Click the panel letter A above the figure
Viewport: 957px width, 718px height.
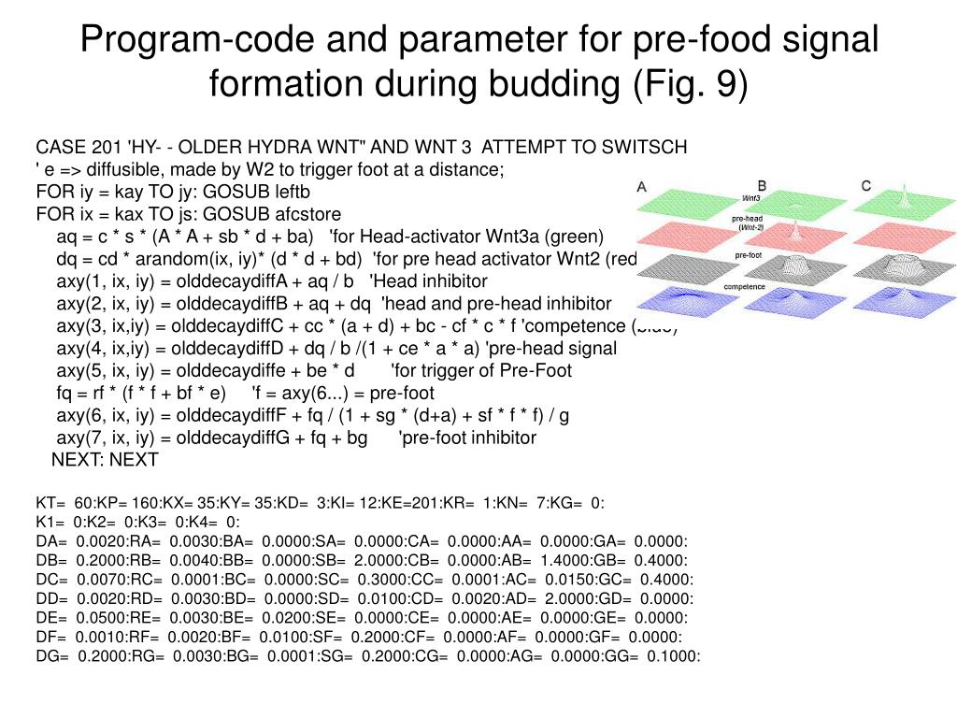[642, 186]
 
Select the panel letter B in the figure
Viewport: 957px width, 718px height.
[762, 186]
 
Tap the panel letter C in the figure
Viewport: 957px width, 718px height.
[866, 186]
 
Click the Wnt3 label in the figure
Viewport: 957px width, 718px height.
[750, 198]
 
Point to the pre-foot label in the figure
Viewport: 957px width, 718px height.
[749, 255]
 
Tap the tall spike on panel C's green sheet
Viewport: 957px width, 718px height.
[903, 196]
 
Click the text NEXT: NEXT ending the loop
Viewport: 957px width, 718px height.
[105, 460]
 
